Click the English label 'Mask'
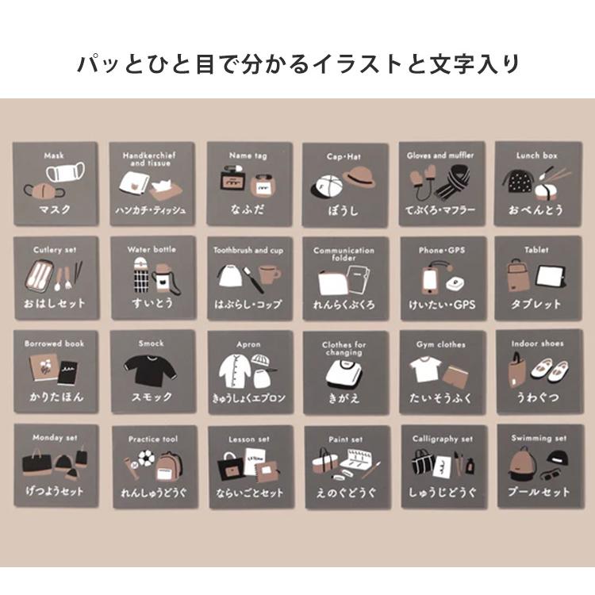pos(54,155)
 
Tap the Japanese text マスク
pos(54,209)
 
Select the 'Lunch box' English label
pos(537,155)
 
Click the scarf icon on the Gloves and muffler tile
pos(455,186)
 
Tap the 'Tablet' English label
pos(536,250)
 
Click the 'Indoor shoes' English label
pos(536,344)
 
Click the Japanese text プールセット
pos(537,492)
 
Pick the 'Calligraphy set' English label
pos(442,439)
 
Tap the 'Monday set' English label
pos(54,437)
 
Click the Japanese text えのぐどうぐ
pos(344,493)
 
